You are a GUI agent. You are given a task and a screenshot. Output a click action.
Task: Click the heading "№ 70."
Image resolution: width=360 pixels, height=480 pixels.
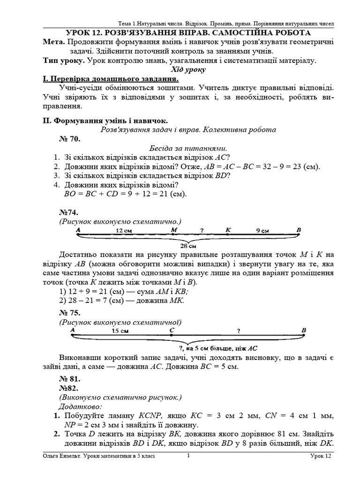[x=70, y=139]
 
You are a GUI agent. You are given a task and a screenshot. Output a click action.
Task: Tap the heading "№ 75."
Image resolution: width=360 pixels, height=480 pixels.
[x=70, y=313]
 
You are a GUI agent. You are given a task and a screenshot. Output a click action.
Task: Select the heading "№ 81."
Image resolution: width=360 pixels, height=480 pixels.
[x=70, y=379]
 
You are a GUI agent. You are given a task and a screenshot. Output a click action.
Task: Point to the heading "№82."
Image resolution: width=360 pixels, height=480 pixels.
[x=68, y=388]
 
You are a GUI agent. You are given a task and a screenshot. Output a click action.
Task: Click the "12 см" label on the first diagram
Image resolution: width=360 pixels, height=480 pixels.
[x=124, y=231]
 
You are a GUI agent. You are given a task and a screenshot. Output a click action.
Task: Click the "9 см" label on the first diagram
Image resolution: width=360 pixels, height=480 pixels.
[x=262, y=231]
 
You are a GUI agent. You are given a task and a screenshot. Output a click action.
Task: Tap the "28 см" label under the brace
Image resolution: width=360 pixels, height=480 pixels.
[x=188, y=246]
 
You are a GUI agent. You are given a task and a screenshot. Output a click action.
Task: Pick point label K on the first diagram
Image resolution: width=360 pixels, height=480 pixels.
[x=228, y=230]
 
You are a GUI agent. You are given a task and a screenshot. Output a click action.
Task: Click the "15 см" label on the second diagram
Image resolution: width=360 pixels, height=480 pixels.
[x=120, y=331]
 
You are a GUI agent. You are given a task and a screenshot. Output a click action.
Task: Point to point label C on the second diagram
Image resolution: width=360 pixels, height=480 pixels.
[x=172, y=330]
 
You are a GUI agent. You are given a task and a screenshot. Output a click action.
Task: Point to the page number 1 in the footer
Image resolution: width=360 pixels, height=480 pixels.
[x=188, y=455]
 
